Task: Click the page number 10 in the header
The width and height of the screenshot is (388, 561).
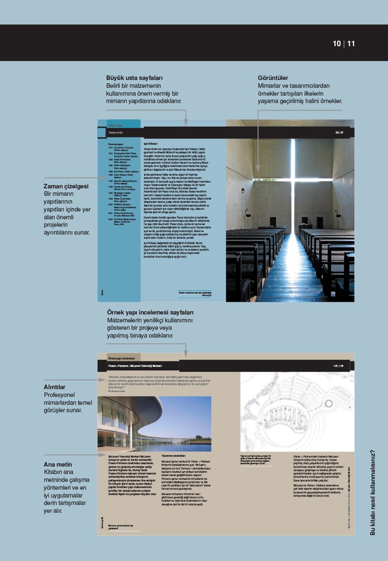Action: (336, 43)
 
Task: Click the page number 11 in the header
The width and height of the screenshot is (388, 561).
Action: (351, 43)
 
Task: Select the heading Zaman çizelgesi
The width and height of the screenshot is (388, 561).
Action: (66, 186)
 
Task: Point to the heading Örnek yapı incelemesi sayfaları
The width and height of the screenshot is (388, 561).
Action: (150, 312)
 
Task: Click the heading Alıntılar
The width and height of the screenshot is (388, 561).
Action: (55, 387)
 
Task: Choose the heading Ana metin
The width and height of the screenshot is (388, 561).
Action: (58, 464)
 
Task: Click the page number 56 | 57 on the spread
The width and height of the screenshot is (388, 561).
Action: (339, 132)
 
